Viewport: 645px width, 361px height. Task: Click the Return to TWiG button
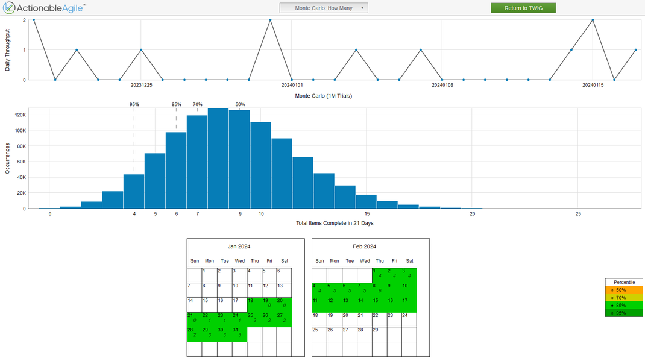(x=523, y=8)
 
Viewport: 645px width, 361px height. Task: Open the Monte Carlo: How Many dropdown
(x=324, y=8)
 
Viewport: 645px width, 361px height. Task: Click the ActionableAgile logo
(x=43, y=8)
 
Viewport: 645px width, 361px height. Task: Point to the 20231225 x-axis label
(x=141, y=85)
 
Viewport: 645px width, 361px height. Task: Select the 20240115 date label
(x=593, y=85)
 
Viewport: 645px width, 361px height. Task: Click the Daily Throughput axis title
(x=8, y=49)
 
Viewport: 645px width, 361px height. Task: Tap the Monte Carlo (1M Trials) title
(x=324, y=96)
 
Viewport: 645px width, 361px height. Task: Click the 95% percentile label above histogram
(x=134, y=104)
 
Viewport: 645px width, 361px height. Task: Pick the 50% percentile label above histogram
(x=240, y=104)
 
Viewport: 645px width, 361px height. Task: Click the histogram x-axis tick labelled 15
(x=367, y=214)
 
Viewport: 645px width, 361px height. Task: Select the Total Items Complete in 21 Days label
(x=335, y=224)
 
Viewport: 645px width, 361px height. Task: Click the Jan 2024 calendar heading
(x=239, y=246)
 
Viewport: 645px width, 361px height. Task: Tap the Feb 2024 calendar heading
(x=364, y=246)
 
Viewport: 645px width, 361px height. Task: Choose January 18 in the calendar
(x=254, y=304)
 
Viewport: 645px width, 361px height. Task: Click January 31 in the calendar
(x=239, y=334)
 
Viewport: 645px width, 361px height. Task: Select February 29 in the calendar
(x=379, y=334)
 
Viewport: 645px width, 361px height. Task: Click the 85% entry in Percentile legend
(x=624, y=306)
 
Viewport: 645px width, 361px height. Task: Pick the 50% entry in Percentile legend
(x=624, y=290)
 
